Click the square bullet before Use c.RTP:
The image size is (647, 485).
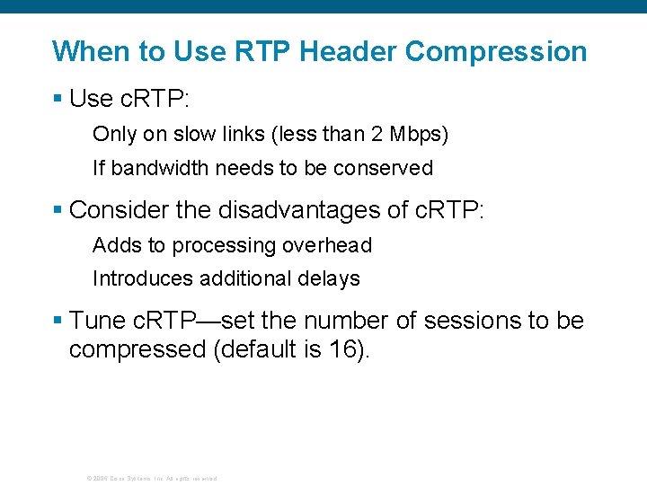click(58, 99)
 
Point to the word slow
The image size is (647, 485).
click(193, 135)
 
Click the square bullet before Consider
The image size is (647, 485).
click(58, 210)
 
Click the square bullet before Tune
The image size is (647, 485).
click(58, 321)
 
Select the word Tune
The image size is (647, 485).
click(96, 321)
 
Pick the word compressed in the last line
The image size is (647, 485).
click(137, 349)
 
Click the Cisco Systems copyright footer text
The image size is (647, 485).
click(151, 478)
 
